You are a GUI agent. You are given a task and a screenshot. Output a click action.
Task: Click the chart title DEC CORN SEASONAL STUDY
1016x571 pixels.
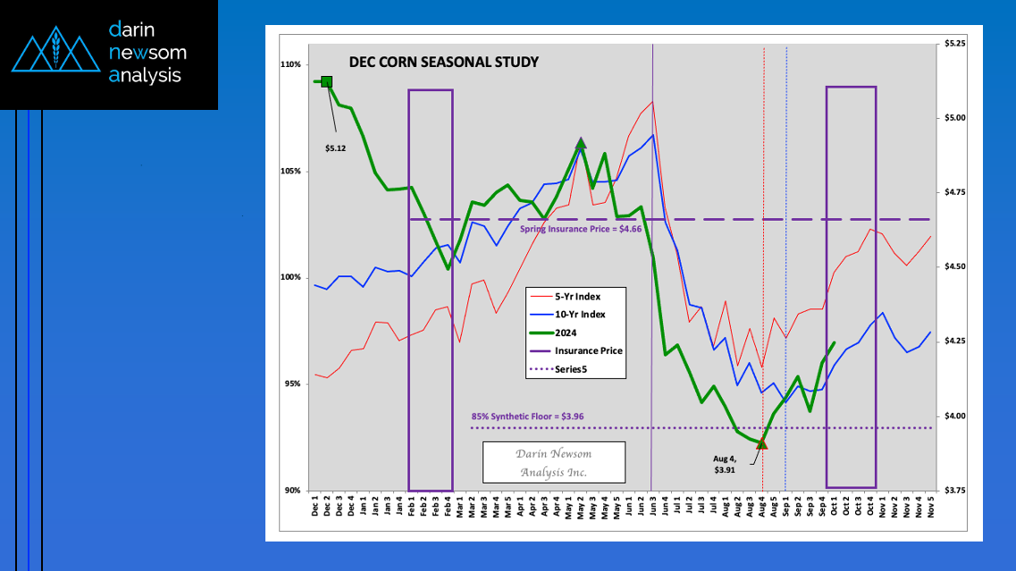pos(442,63)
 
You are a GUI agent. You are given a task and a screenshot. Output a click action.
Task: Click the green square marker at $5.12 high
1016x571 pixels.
pos(326,81)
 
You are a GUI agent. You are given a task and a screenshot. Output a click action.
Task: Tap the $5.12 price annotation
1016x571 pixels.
pos(335,148)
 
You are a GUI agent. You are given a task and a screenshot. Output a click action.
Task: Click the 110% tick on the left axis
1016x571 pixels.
pos(290,64)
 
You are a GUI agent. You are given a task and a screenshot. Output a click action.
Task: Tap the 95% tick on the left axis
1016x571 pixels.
pos(291,384)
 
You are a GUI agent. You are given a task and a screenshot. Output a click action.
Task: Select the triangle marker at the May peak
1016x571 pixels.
pos(581,143)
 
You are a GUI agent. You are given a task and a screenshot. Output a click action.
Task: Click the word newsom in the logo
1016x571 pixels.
pos(147,53)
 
